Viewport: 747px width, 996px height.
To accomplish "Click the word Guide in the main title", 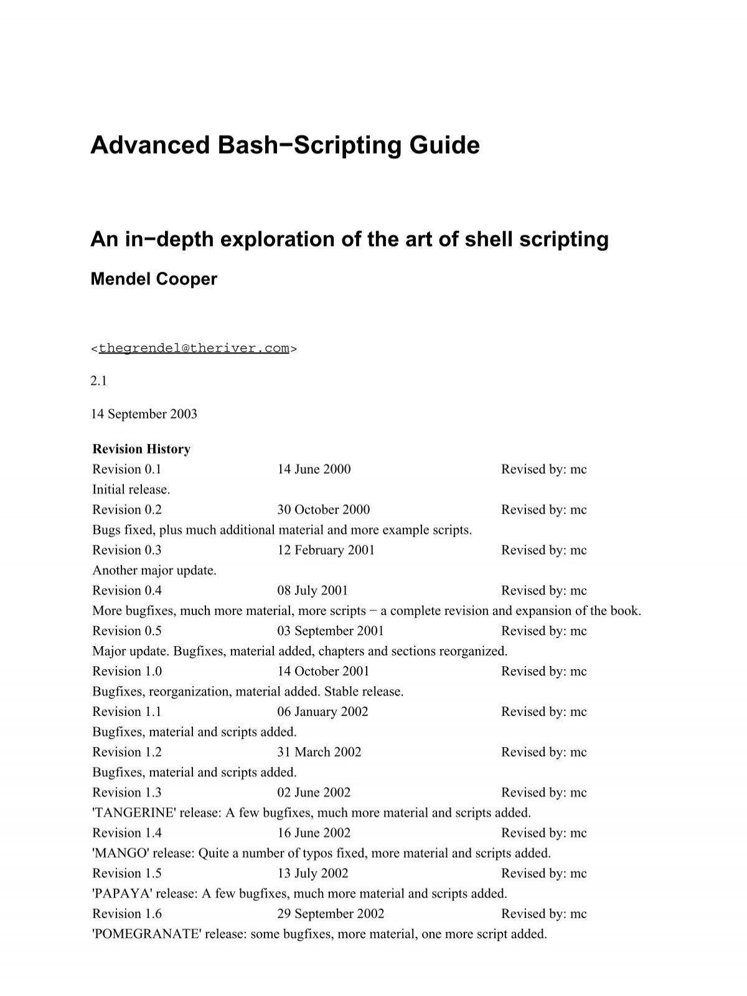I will click(444, 146).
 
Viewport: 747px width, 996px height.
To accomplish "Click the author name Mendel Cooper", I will click(154, 279).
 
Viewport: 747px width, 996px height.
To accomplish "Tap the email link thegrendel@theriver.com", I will click(194, 348).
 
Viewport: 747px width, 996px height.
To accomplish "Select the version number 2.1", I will click(98, 381).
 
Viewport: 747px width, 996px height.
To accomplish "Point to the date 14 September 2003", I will click(144, 414).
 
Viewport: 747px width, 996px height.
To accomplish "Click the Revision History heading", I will click(141, 449).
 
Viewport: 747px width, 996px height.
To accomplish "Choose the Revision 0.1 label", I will click(126, 469).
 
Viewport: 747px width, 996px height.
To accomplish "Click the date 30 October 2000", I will click(323, 510).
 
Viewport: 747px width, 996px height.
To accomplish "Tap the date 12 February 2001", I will click(326, 550).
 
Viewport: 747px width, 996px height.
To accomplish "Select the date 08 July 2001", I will click(312, 591).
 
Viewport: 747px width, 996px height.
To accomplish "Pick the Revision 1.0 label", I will click(126, 671).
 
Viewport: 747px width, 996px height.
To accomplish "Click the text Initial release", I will click(131, 489).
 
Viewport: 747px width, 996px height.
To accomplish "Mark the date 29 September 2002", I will click(331, 914).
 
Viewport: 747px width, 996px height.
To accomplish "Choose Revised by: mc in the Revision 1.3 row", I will click(543, 792).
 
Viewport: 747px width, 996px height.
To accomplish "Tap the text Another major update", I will click(154, 570).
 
